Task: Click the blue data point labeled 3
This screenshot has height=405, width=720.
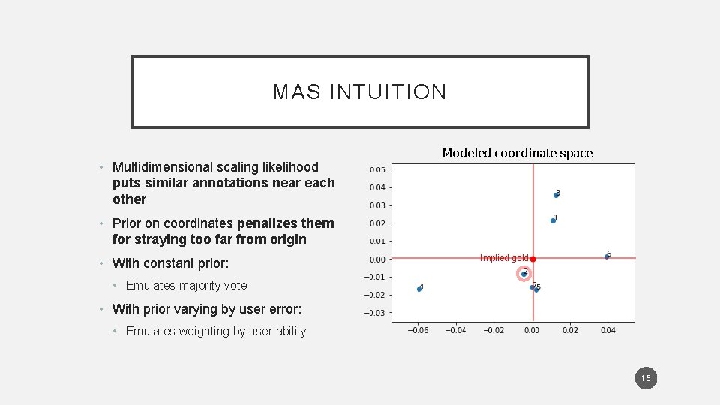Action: click(x=556, y=195)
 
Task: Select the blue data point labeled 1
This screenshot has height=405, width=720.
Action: click(x=553, y=220)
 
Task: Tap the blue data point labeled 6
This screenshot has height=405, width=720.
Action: click(x=607, y=256)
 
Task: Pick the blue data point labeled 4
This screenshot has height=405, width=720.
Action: click(x=419, y=289)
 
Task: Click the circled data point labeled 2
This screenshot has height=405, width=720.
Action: click(x=523, y=274)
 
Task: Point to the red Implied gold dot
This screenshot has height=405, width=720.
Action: click(x=532, y=259)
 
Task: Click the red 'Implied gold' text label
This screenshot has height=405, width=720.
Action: click(x=504, y=258)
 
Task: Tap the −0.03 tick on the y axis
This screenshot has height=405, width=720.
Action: click(x=376, y=313)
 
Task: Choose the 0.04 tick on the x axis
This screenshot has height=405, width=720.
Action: click(x=607, y=330)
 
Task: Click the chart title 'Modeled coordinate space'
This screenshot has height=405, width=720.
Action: click(x=517, y=153)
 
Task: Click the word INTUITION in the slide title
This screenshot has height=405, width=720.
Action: click(x=388, y=92)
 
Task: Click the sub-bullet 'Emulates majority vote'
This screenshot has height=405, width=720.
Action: click(x=186, y=285)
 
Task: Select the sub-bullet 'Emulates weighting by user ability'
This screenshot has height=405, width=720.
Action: click(x=216, y=331)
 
